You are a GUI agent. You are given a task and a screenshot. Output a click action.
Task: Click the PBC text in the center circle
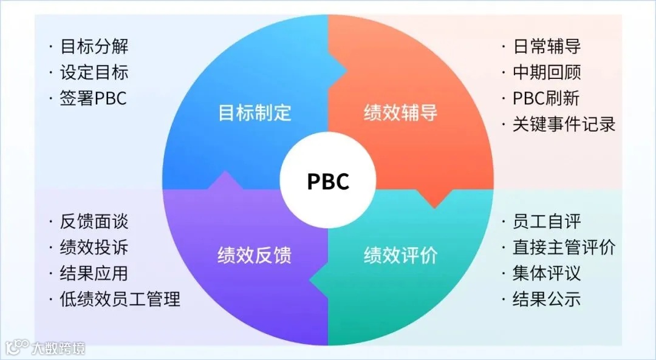coord(328,182)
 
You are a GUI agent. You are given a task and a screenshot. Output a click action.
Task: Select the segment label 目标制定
coord(255,113)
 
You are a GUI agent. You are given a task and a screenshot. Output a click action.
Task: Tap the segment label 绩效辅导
coord(401,113)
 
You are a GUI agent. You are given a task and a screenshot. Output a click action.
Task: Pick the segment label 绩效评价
coord(401,256)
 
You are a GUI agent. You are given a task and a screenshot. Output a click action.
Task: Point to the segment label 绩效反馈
coord(255,256)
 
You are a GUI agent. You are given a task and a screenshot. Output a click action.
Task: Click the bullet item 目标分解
coord(94,47)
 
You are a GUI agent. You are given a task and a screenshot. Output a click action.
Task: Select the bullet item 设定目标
coord(94,73)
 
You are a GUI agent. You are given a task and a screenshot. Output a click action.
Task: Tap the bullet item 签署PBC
coord(94,98)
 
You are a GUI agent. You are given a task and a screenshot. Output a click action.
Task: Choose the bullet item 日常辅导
coord(547,47)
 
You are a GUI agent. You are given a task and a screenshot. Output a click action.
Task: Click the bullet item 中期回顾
coord(547,73)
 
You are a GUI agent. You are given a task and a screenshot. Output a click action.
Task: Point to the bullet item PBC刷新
coord(546,98)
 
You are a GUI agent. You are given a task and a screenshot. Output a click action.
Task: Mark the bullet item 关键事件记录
coord(564,124)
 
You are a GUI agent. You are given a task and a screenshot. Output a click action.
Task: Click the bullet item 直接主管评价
coord(564,248)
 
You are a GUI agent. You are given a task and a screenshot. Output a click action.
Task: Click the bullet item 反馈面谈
coord(94,222)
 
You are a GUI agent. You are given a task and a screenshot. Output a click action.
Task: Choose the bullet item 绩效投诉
coord(94,248)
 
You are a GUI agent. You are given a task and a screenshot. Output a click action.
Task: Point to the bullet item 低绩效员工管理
coord(120,299)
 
